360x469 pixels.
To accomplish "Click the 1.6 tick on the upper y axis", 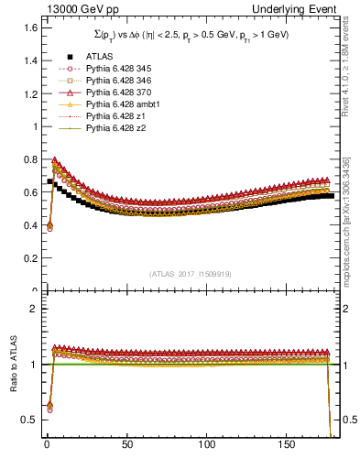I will point(27,28).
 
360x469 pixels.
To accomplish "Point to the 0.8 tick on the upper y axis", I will point(27,159).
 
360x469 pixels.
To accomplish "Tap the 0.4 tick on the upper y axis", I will point(27,225).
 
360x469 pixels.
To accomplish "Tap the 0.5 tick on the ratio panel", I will point(27,420).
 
